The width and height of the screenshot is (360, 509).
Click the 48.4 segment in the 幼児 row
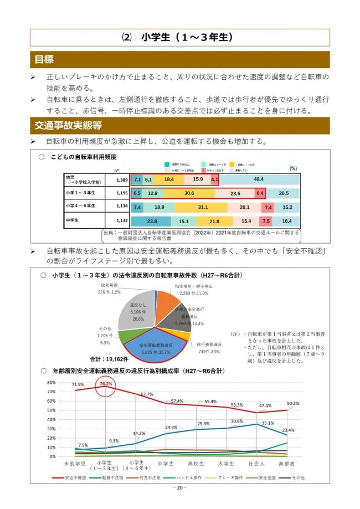tap(259, 179)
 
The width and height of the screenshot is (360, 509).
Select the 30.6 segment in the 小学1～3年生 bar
tap(189, 193)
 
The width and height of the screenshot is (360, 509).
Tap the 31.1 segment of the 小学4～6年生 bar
tap(202, 207)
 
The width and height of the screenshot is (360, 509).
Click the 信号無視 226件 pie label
tap(109, 289)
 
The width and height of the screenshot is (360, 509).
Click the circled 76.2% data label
tap(106, 383)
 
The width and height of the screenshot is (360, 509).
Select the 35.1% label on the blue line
tap(268, 423)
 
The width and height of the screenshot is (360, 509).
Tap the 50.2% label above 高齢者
tap(292, 403)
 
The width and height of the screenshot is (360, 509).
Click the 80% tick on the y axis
tap(51, 383)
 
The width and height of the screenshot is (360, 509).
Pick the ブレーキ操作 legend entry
tap(226, 476)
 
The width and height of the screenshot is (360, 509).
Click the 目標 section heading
tap(44, 59)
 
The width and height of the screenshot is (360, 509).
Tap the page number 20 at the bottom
tap(179, 487)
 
